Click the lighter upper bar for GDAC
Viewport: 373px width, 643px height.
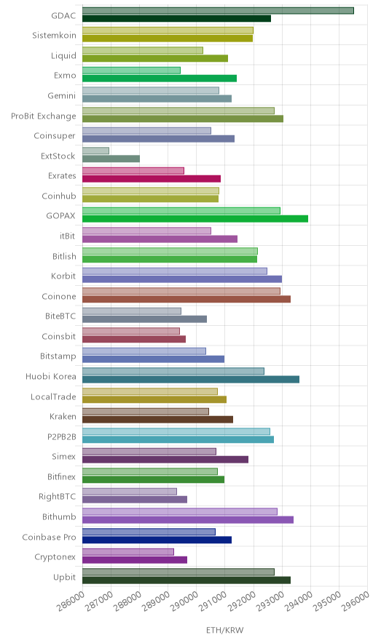[x=218, y=11]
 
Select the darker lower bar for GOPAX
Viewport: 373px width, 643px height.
[x=195, y=219]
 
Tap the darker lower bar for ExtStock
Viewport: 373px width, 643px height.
[x=111, y=159]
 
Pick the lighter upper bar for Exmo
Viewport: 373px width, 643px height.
[x=131, y=71]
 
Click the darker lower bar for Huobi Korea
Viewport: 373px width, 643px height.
[x=191, y=379]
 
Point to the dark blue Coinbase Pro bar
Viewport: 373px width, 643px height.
[x=157, y=540]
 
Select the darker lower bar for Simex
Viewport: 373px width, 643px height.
[x=165, y=460]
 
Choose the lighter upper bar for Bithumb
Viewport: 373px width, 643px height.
[x=180, y=512]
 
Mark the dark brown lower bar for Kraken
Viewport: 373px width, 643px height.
[x=158, y=420]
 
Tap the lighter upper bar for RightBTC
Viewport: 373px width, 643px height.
[x=130, y=492]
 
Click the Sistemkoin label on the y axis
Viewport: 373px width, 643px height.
[x=54, y=35]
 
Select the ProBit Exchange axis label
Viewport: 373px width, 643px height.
[x=44, y=116]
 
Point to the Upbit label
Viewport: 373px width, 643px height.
[x=65, y=578]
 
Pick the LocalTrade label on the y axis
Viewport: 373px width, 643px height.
[x=53, y=396]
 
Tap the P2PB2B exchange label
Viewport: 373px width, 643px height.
[x=62, y=436]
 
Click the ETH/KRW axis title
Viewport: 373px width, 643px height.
[x=225, y=631]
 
